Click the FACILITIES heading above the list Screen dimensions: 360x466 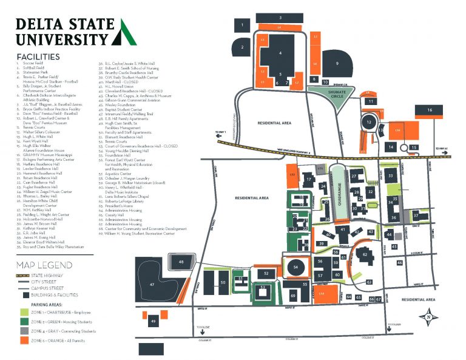click(38, 56)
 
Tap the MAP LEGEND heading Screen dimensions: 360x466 click(45, 265)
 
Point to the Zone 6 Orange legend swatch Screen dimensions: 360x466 click(23, 342)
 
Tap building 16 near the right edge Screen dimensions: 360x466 click(430, 110)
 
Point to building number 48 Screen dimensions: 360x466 click(181, 261)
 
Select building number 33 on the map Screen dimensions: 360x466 click(391, 175)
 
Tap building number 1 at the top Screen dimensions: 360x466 click(242, 25)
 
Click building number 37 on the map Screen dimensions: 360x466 click(416, 216)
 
